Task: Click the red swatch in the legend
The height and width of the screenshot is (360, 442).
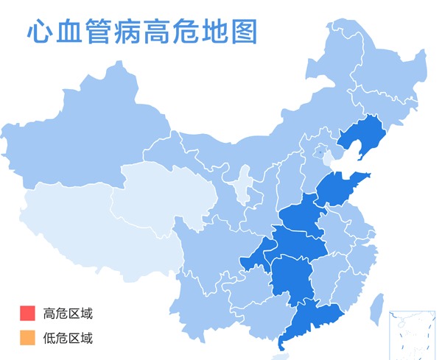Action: [27, 313]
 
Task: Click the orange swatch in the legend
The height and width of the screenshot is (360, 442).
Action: [27, 338]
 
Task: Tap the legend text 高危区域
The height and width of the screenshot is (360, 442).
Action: [68, 313]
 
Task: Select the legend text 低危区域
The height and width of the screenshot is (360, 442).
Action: [68, 338]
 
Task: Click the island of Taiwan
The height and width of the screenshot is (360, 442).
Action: [376, 308]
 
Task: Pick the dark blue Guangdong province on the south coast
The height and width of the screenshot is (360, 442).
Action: [314, 321]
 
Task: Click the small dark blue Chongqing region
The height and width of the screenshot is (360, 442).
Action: [256, 255]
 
